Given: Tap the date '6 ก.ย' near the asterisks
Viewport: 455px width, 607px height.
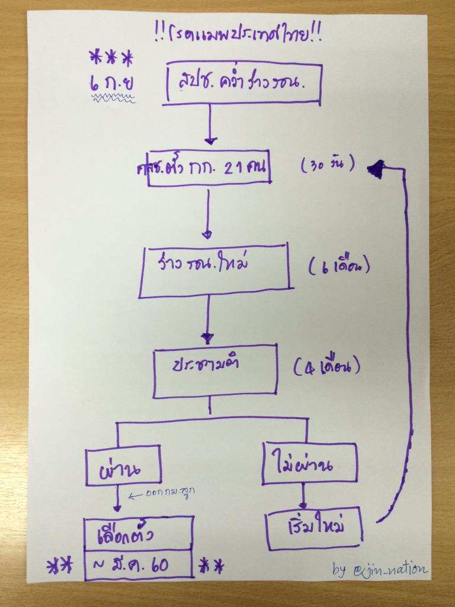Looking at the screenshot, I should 111,83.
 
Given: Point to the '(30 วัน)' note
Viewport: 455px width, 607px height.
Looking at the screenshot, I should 328,165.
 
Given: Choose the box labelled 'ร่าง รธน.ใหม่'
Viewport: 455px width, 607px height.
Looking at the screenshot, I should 214,270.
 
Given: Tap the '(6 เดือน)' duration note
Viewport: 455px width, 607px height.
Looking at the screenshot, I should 339,267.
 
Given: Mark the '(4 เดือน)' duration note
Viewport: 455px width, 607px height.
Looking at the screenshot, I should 327,368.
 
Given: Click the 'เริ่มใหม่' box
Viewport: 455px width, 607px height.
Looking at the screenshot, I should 313,527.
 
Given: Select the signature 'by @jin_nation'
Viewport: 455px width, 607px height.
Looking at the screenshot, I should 379,570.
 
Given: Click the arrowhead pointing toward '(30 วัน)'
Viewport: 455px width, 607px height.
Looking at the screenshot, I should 375,170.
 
